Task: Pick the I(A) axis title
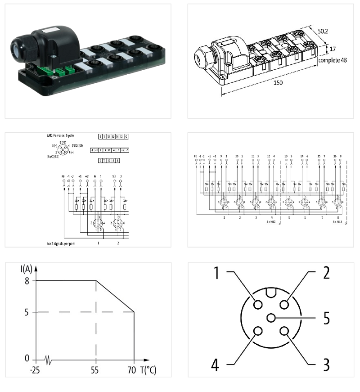click(26, 270)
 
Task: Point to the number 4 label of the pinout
click(215, 365)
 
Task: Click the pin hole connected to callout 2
click(284, 305)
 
